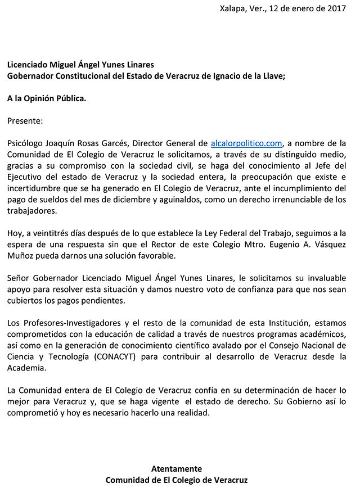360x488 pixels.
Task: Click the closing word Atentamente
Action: pos(177,468)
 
